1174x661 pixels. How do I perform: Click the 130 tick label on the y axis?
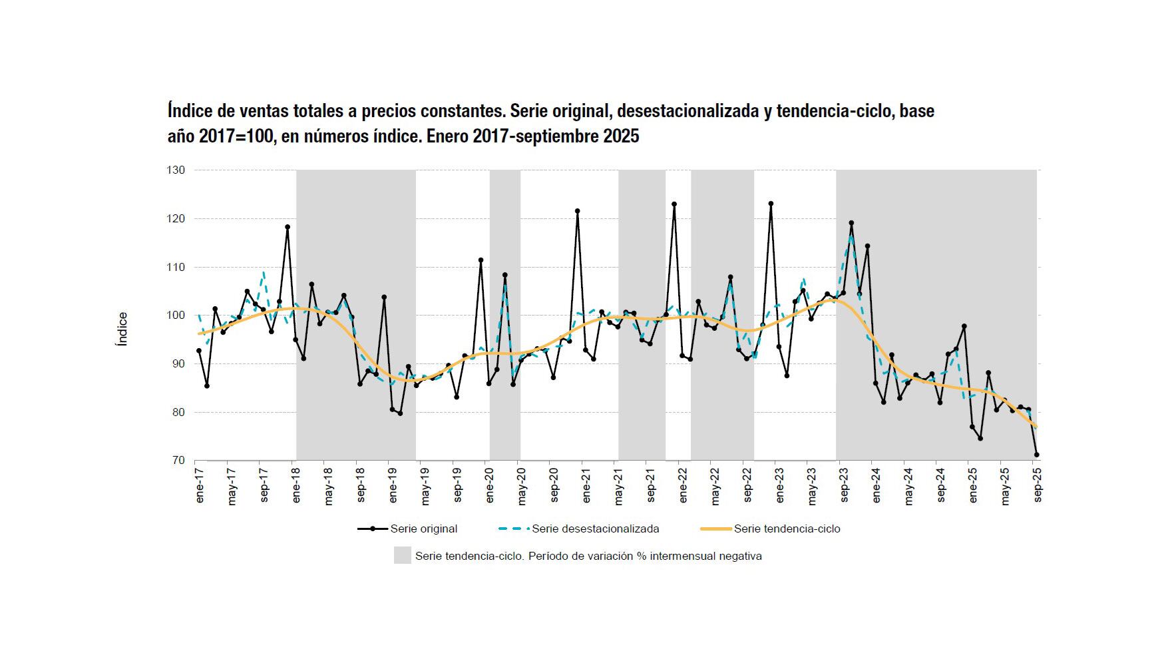pos(176,170)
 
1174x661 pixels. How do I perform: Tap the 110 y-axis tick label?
pos(176,267)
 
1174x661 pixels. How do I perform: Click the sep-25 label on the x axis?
pos(1037,487)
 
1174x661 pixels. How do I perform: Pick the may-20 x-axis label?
pos(522,487)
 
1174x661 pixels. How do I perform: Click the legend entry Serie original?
pos(423,529)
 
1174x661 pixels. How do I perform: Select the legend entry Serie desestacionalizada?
pos(595,529)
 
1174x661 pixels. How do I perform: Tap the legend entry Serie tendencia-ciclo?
pos(787,529)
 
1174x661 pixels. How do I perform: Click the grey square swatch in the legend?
pos(402,556)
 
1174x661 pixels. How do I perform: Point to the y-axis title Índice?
pos(122,329)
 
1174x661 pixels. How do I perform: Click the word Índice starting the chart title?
pos(187,110)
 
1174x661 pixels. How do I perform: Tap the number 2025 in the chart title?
pos(621,136)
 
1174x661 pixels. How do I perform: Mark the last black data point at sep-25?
pos(1036,455)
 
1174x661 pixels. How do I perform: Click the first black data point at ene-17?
pos(199,351)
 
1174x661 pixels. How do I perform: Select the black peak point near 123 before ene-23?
pos(771,204)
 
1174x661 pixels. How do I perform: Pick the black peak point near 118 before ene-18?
pos(288,227)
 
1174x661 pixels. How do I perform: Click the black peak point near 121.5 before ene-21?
pos(577,211)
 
